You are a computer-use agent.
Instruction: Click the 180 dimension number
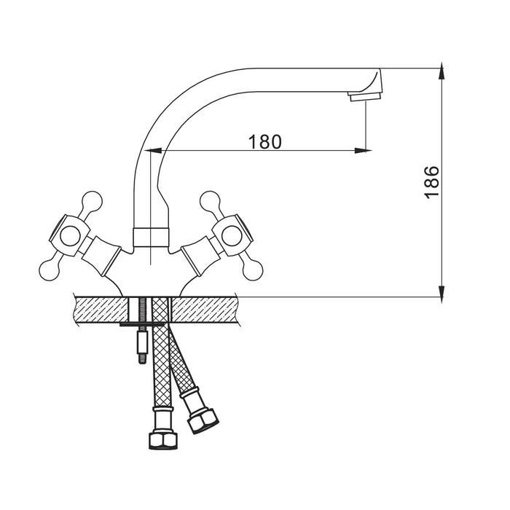[x=264, y=142]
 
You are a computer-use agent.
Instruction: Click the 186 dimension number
[x=431, y=182]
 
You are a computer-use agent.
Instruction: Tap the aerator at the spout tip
[x=365, y=96]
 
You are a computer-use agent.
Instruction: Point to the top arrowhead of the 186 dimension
[x=442, y=71]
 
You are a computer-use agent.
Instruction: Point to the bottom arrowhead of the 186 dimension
[x=442, y=294]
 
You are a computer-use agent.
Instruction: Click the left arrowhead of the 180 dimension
[x=153, y=150]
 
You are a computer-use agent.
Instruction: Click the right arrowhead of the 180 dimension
[x=363, y=150]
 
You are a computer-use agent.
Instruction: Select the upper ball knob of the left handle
[x=92, y=201]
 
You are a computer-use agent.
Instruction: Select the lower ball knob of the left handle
[x=49, y=270]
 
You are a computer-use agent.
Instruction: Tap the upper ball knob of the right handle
[x=210, y=201]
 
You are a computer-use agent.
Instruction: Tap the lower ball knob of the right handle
[x=252, y=270]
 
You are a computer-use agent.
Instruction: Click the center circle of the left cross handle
[x=70, y=236]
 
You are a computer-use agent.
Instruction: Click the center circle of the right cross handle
[x=231, y=236]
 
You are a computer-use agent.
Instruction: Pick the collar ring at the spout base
[x=152, y=237]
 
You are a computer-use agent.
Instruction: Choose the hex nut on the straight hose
[x=163, y=440]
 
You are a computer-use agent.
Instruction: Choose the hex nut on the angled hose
[x=203, y=420]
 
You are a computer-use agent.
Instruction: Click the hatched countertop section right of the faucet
[x=205, y=310]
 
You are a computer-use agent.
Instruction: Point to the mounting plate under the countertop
[x=142, y=325]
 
